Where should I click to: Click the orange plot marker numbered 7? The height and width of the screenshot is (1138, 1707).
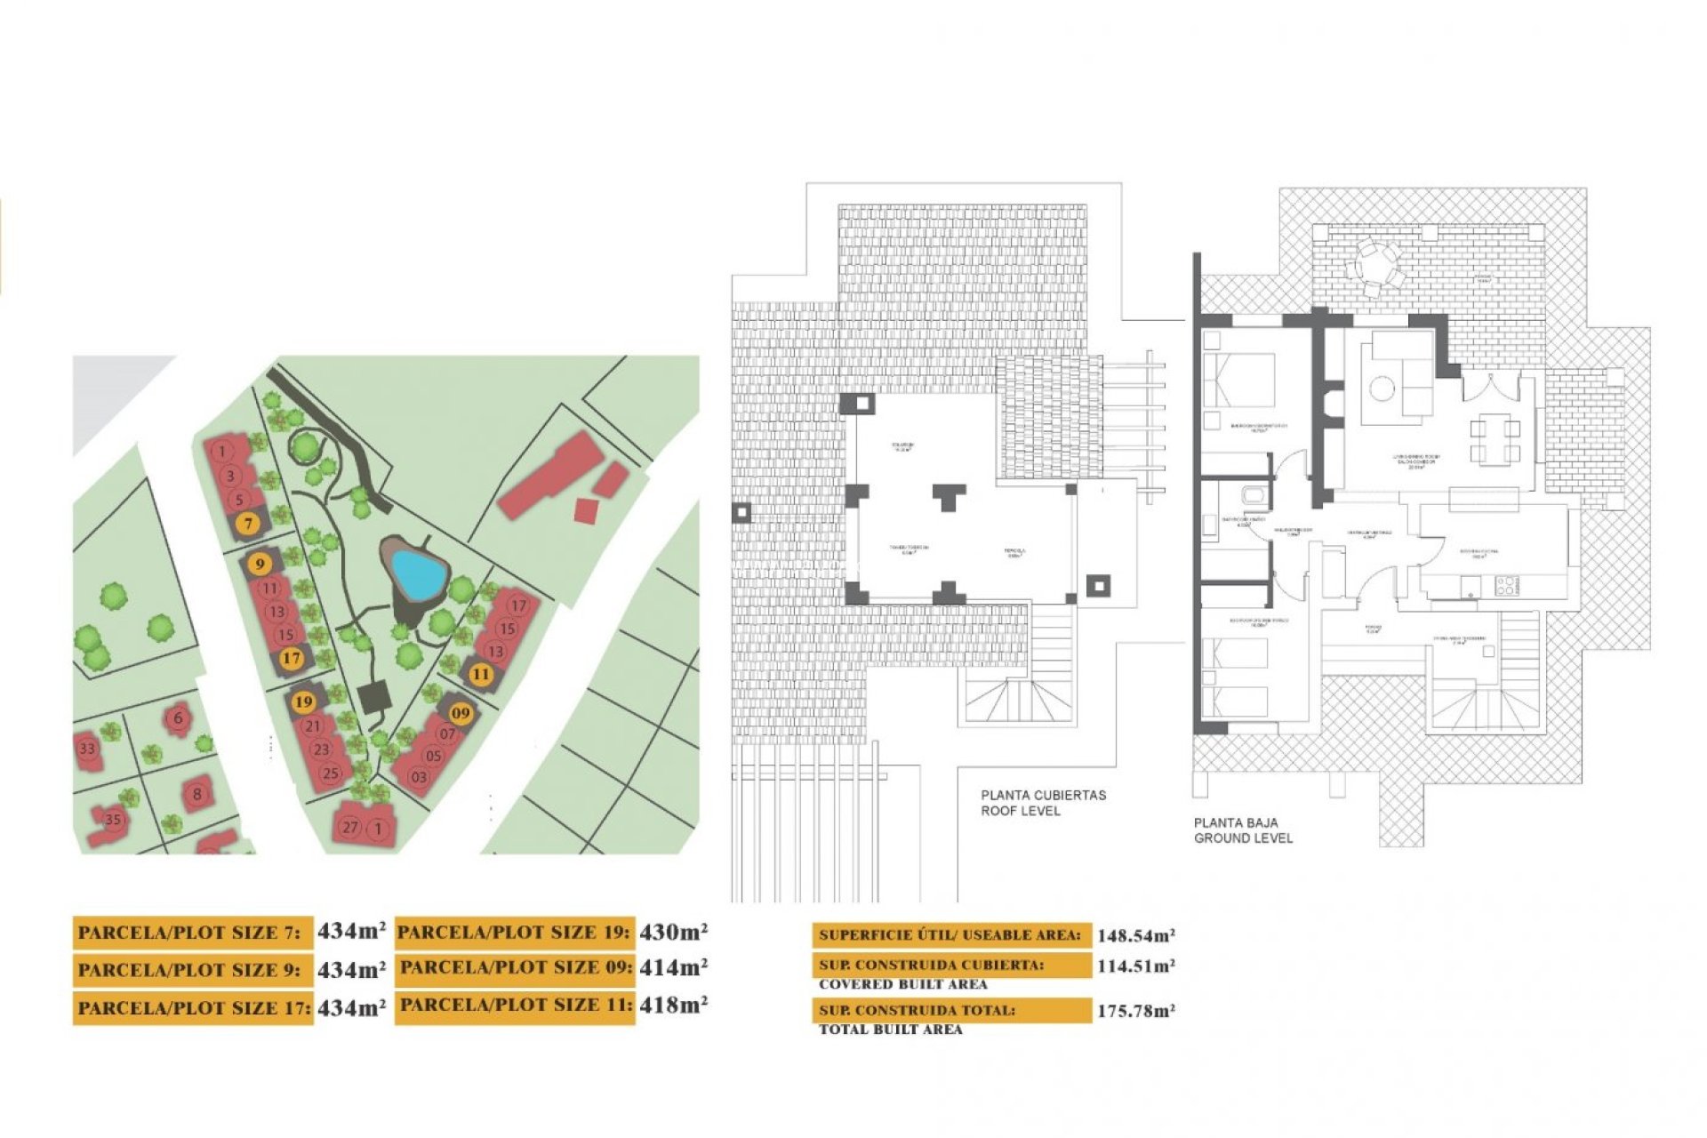[x=249, y=524]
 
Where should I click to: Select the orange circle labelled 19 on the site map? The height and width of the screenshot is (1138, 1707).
[x=304, y=701]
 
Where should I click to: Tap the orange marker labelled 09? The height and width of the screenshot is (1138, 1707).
[x=460, y=712]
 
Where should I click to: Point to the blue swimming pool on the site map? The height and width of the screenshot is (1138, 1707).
[x=418, y=573]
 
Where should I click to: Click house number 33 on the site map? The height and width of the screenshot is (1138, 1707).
[x=87, y=749]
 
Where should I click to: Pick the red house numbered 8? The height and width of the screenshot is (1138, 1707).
[x=196, y=794]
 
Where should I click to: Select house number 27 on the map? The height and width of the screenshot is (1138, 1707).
[x=350, y=827]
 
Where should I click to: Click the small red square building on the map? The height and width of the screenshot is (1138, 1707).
[x=586, y=510]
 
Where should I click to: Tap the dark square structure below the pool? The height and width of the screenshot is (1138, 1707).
[x=375, y=696]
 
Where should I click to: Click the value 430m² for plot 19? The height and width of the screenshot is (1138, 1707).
[x=673, y=932]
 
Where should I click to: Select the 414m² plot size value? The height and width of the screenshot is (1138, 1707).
[x=673, y=967]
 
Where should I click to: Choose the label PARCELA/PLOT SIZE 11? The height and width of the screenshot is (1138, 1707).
[x=516, y=1006]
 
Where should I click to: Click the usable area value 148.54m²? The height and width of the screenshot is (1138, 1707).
[x=1135, y=935]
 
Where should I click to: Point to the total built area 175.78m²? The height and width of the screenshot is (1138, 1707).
[x=1135, y=1011]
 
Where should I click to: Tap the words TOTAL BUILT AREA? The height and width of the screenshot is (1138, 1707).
[x=890, y=1030]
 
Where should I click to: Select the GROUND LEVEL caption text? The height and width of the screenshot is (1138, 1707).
[x=1243, y=838]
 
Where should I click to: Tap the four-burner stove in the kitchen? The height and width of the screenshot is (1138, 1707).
[x=1507, y=585]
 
